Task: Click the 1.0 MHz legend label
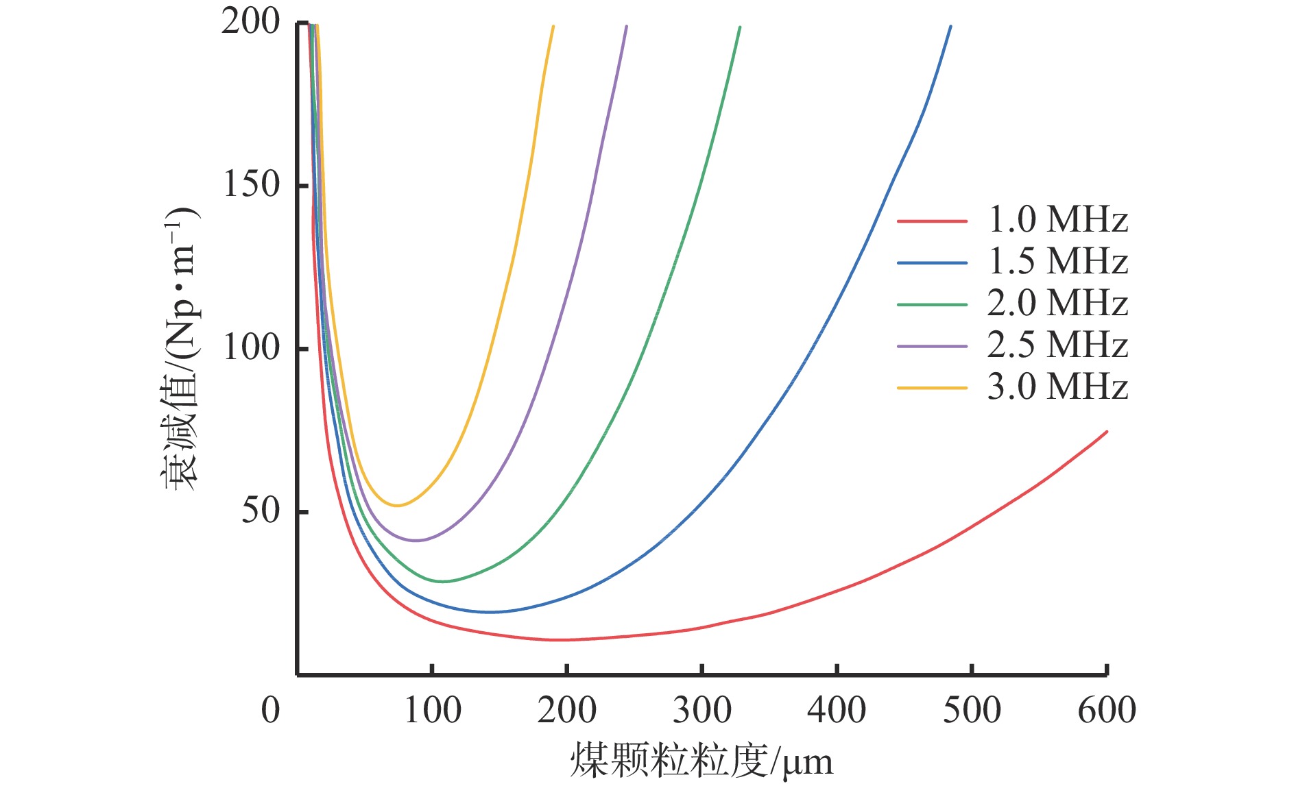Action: pos(1057,220)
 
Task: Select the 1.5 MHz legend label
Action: pos(1057,262)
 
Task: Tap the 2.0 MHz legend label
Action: pos(1057,304)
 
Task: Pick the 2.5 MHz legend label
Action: pos(1057,345)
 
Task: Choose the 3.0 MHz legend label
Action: pos(1057,387)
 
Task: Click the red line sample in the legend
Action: pos(932,221)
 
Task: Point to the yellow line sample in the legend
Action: pos(932,388)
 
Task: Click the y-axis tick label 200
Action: pos(250,22)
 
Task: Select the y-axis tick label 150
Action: pos(252,184)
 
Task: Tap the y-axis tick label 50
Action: pos(261,511)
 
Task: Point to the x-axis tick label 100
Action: pos(432,711)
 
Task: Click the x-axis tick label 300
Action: pos(702,711)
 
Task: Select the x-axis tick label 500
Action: pos(972,711)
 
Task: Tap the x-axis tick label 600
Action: pos(1107,711)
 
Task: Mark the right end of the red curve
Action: pos(1107,432)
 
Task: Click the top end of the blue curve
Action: pos(950,27)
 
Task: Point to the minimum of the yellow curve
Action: pos(396,506)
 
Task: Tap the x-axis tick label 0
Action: pos(271,711)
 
